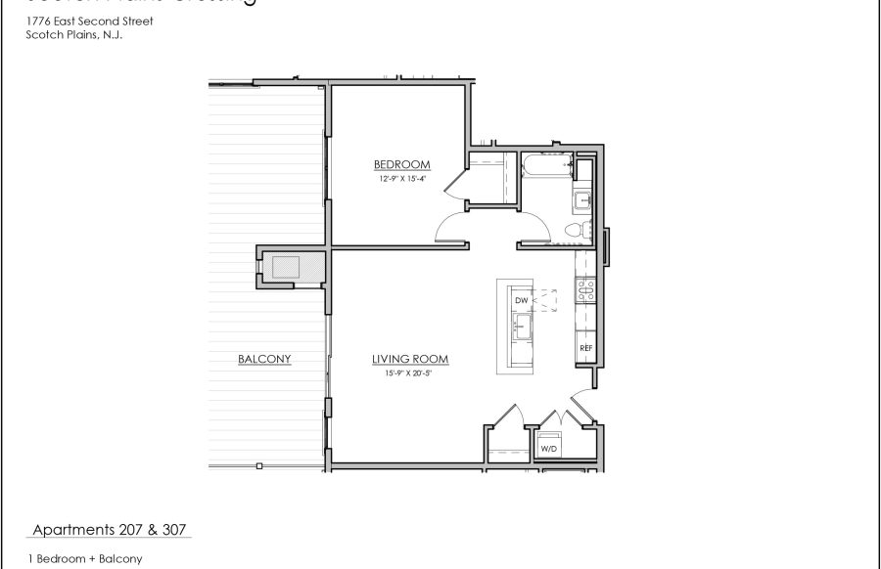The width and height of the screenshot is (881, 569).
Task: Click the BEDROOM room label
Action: (402, 164)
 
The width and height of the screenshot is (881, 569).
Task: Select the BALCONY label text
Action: (264, 359)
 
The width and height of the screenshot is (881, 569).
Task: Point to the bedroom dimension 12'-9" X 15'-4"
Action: (402, 179)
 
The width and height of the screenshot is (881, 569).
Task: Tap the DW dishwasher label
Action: (522, 300)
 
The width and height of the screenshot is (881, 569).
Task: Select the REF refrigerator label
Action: (586, 347)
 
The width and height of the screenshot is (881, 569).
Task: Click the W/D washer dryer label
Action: (549, 450)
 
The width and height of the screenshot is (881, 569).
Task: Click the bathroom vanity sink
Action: (582, 200)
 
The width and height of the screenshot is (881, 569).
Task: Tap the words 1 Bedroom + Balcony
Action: (85, 559)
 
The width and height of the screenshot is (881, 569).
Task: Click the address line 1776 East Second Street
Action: (89, 21)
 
